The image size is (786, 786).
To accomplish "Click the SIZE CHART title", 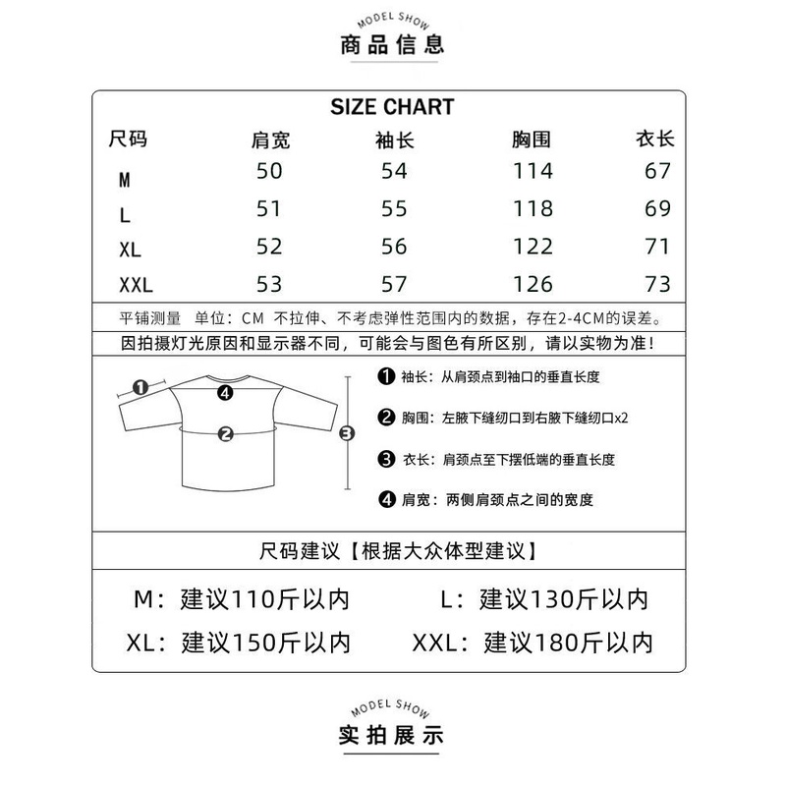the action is (392, 107).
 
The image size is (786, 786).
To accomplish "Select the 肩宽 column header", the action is (271, 140).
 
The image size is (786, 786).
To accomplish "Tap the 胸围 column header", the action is (532, 140).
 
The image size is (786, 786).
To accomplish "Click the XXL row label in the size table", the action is (136, 285).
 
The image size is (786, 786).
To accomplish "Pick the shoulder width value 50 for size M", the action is (269, 171).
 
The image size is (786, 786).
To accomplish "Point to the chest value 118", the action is (533, 208).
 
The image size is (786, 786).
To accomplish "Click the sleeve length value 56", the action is (394, 247).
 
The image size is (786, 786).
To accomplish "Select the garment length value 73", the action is (657, 284).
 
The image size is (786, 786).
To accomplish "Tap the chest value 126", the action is (533, 284).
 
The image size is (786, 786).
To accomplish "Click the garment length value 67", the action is (657, 171).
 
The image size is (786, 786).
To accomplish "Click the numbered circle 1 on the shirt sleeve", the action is (140, 387).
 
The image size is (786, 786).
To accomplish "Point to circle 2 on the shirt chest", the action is (226, 434).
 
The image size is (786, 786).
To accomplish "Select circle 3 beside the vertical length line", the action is (347, 433).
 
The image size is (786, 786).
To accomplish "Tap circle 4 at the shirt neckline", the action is (226, 393).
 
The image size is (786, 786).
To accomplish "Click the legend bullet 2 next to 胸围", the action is (386, 417).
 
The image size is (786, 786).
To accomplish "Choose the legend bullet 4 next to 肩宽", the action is (386, 499).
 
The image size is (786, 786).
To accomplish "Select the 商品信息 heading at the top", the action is (392, 44).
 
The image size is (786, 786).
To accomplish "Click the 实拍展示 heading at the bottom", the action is (391, 735).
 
